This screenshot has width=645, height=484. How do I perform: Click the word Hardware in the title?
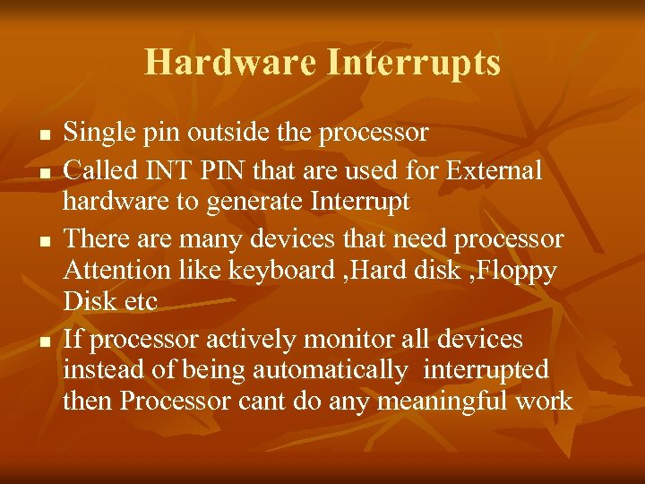click(230, 63)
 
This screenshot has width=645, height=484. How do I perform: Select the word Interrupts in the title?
click(414, 63)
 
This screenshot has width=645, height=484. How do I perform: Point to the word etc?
click(137, 302)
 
